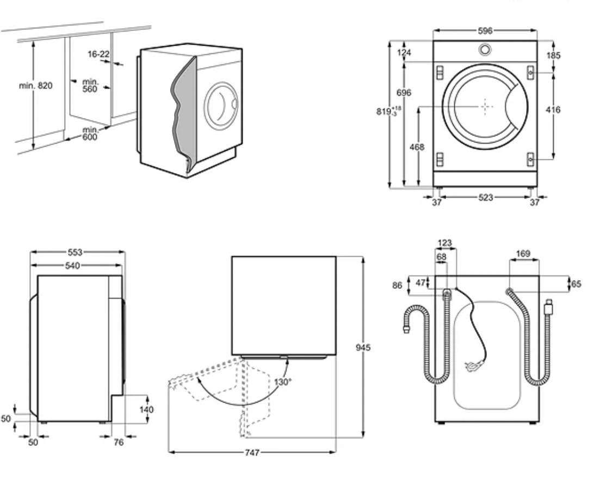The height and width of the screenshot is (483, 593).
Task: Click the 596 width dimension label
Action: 485,31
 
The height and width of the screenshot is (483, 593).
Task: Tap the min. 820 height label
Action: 36,85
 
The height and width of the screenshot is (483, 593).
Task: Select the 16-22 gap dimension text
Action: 98,54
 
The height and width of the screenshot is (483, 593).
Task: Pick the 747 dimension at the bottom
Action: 252,452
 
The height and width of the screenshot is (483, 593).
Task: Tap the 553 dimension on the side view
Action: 75,252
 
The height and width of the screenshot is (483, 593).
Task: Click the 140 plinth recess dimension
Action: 146,410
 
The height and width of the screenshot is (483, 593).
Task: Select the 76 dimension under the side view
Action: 119,442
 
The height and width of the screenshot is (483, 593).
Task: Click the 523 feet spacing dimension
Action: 485,198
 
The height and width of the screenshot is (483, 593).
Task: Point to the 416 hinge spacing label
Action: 553,110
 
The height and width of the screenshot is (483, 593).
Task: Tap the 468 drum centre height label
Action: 417,147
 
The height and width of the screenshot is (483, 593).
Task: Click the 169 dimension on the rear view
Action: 523,253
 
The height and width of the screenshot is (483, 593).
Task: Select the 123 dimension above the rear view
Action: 444,243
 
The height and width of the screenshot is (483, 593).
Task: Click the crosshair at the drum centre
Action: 485,107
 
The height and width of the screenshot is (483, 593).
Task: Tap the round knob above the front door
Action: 485,49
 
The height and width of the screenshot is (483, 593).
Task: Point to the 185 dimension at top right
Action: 554,55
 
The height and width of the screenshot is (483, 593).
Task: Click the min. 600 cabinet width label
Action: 90,133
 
